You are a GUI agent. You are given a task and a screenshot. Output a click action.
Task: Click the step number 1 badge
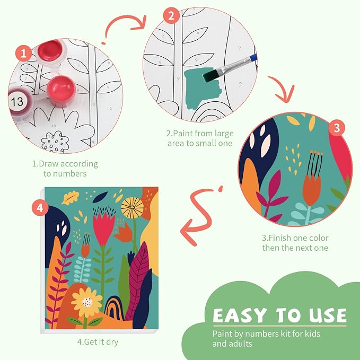[24, 53]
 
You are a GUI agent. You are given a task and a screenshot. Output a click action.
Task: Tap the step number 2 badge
[171, 15]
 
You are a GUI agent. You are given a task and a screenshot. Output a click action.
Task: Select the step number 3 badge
[337, 128]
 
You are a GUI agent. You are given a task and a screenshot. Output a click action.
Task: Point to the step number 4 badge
[40, 208]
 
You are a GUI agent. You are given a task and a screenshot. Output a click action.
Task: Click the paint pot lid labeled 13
[17, 101]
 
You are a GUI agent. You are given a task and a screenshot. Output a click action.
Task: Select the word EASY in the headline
[240, 315]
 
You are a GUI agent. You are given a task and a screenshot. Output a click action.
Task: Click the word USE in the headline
[328, 315]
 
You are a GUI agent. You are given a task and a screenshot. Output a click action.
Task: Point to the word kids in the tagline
[312, 333]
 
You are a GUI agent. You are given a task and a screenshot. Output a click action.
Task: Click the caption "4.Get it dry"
[98, 342]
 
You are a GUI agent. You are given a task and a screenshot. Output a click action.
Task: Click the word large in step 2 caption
[221, 134]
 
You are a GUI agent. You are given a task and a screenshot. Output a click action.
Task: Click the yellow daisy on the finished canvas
[87, 302]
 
